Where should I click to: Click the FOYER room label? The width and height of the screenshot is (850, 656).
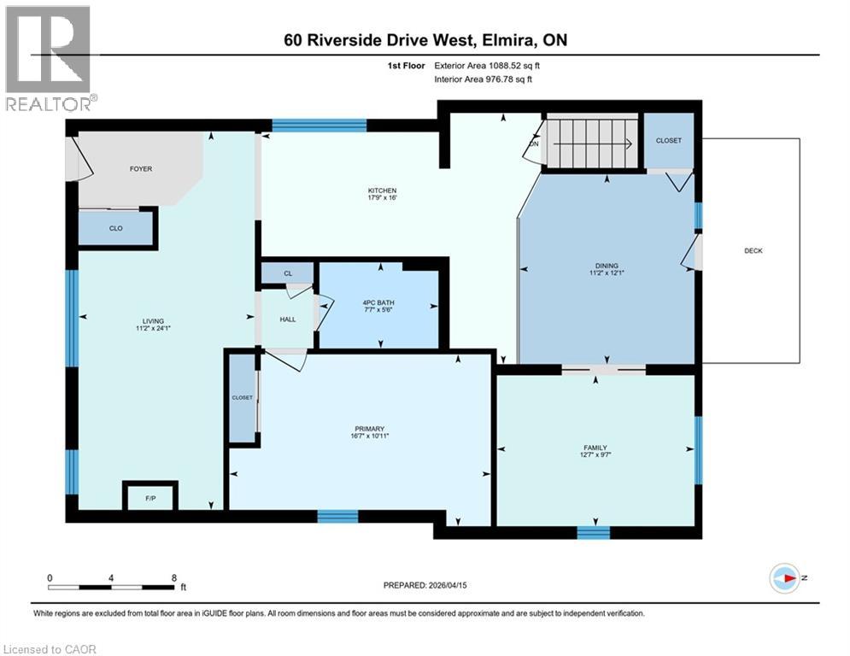141,169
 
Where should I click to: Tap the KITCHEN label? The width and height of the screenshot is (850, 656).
382,190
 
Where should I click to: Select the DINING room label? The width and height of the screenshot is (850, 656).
607,266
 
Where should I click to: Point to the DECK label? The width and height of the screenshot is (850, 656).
753,250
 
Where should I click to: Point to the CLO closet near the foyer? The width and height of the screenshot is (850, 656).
115,228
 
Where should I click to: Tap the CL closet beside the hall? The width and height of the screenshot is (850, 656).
287,273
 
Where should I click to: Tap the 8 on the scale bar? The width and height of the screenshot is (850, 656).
174,577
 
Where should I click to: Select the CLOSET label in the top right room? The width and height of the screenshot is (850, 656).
668,140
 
